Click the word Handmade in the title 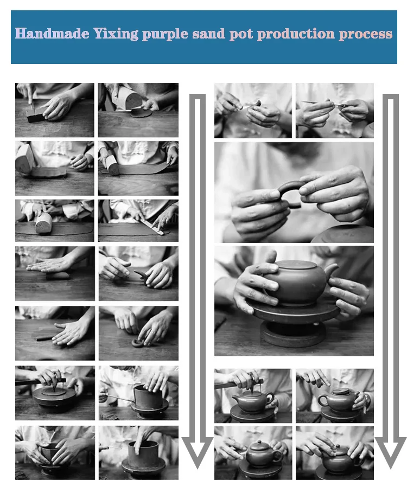pos(52,34)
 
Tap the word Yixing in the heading pos(116,34)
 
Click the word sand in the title pos(208,34)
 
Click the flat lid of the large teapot pos(294,265)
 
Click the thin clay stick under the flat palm pos(46,338)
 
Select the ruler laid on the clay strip pos(152,227)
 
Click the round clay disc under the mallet pos(141,113)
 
